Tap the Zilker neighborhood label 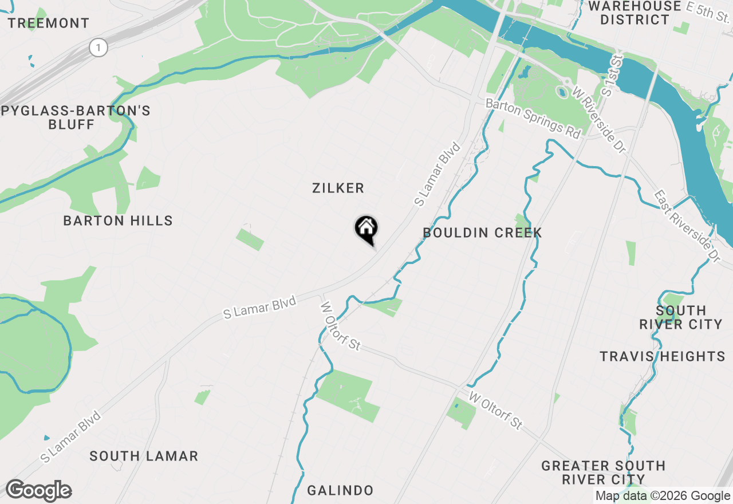[x=338, y=188]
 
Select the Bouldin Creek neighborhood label [x=482, y=233]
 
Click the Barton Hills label [x=118, y=220]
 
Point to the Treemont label [x=49, y=23]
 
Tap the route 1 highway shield [x=98, y=48]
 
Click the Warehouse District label [x=635, y=13]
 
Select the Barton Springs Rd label [x=533, y=119]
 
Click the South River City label [x=681, y=317]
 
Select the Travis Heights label [x=663, y=356]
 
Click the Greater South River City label [x=604, y=472]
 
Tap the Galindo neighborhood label [x=340, y=490]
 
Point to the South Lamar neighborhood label [x=144, y=456]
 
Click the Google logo [x=38, y=491]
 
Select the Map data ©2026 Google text [x=663, y=496]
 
